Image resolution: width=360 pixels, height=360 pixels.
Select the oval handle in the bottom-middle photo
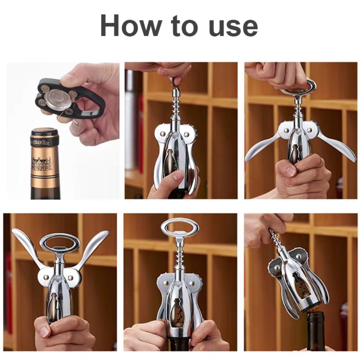(179, 227)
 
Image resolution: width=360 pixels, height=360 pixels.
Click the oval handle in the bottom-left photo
(60, 243)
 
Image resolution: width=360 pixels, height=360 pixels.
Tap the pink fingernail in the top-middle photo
(178, 176)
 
